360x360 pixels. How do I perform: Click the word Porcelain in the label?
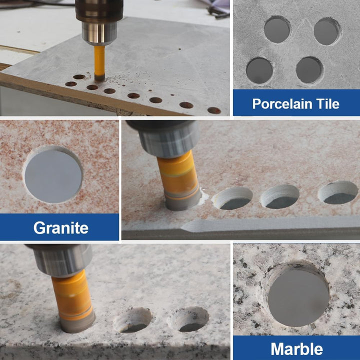(282, 104)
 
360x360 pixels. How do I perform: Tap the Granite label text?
(61, 228)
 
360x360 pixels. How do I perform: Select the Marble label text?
(296, 349)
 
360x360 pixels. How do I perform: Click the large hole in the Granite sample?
(53, 175)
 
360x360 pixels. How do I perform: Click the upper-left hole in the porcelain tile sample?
(277, 29)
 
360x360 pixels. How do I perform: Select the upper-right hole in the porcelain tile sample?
(327, 31)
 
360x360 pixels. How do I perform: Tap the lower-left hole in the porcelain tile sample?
(259, 70)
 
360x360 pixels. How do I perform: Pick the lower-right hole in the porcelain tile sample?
(309, 70)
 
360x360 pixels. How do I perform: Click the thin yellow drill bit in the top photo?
(99, 63)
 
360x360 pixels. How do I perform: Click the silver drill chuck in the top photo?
(99, 22)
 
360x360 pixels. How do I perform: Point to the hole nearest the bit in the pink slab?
(232, 198)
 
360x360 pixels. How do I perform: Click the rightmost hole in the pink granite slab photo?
(338, 192)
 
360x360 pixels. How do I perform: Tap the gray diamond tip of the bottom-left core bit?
(77, 323)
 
